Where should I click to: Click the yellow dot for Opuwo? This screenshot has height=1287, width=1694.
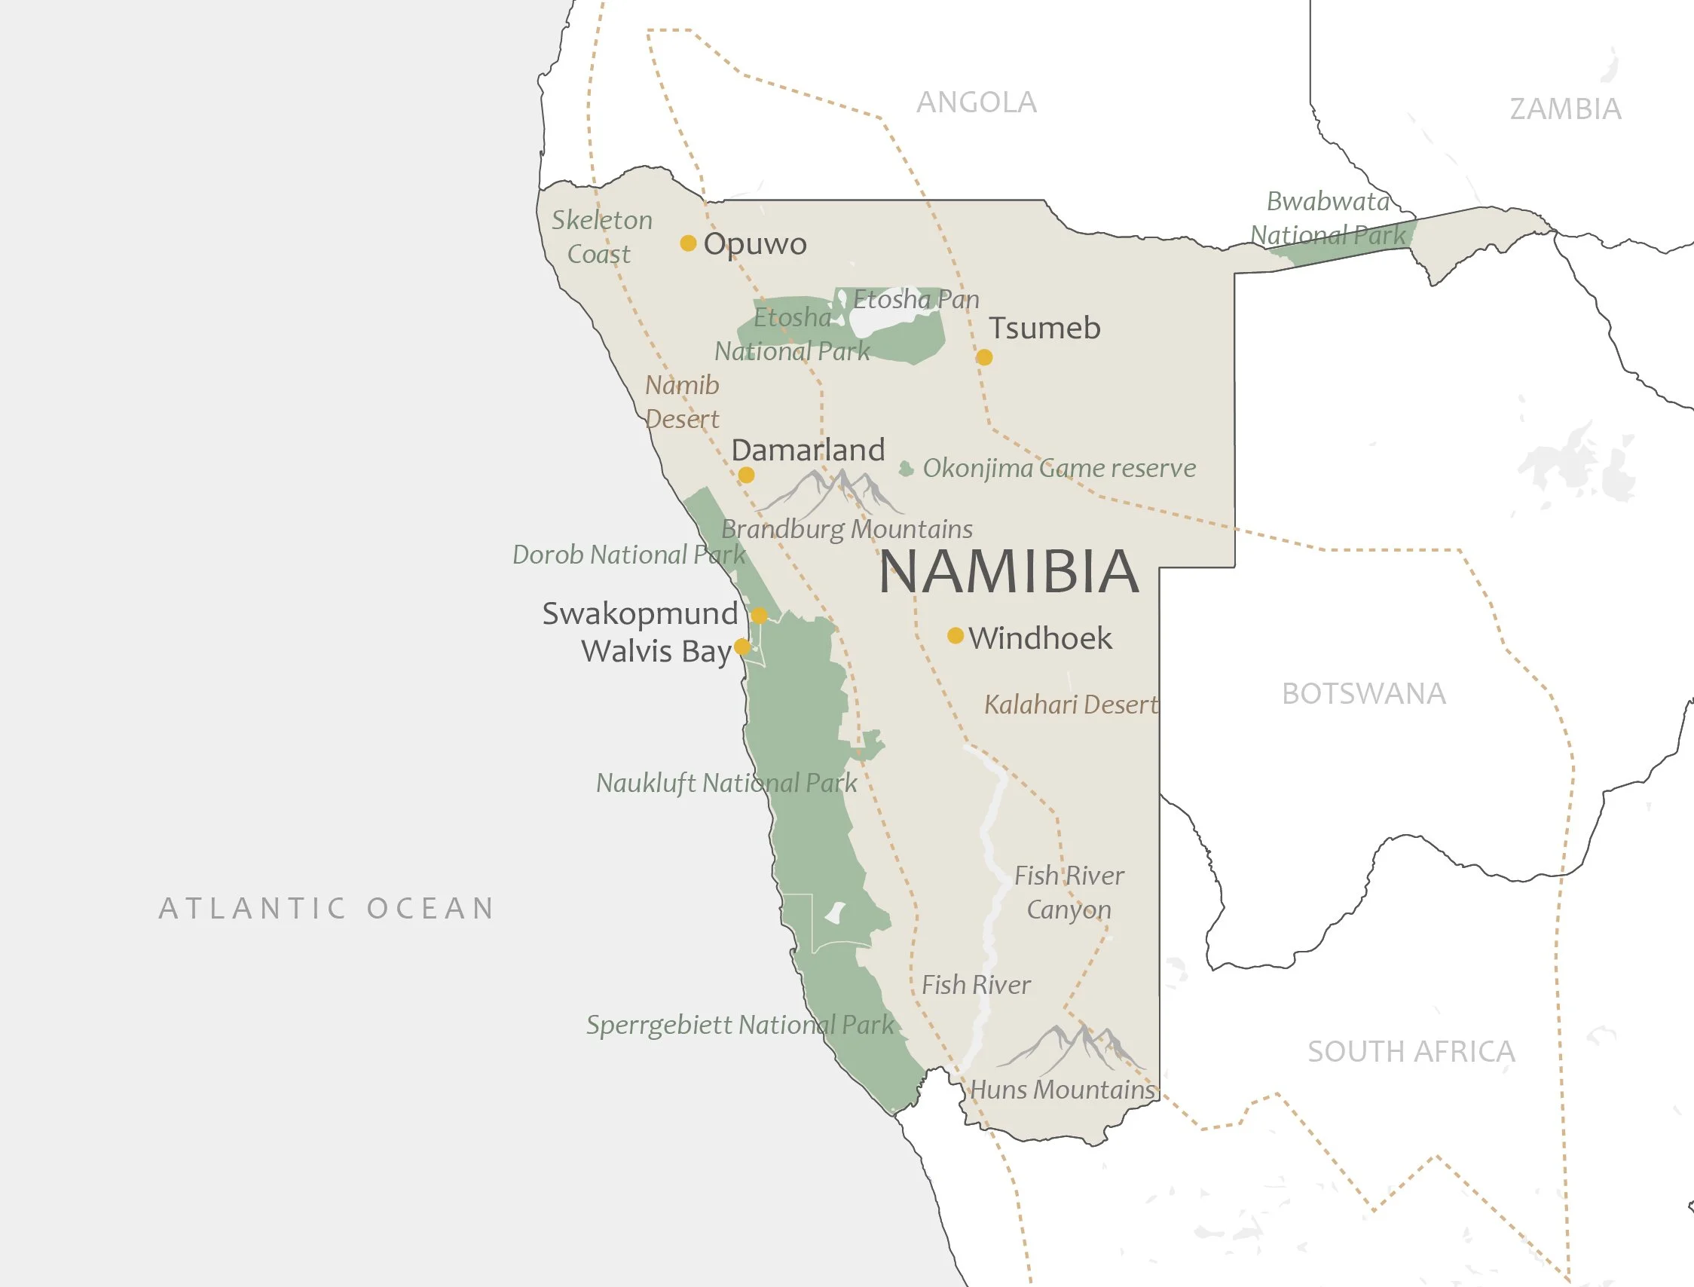click(x=688, y=243)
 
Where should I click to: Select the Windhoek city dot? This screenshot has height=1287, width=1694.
click(x=956, y=635)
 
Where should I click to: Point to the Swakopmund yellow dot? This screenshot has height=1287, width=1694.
click(x=760, y=615)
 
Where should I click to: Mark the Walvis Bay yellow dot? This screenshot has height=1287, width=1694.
click(x=742, y=647)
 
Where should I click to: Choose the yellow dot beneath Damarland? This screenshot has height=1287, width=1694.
click(x=746, y=475)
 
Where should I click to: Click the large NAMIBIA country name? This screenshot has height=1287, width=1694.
click(x=1009, y=571)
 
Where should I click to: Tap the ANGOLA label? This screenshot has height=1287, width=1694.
click(x=976, y=102)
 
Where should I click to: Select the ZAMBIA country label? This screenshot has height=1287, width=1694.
click(x=1565, y=109)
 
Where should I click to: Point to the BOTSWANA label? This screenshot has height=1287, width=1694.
click(x=1364, y=693)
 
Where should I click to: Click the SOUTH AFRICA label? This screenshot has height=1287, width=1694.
click(x=1411, y=1051)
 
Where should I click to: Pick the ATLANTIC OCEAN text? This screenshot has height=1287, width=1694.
click(x=327, y=908)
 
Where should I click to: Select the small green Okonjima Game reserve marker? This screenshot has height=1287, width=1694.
click(x=907, y=469)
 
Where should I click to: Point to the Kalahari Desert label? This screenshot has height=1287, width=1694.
click(x=1071, y=704)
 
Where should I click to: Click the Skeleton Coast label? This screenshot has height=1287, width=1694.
click(x=601, y=237)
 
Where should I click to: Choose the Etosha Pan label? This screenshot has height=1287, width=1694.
click(x=916, y=298)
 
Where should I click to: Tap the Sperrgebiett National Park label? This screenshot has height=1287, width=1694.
click(x=740, y=1024)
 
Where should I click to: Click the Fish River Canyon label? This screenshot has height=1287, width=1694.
click(x=1069, y=891)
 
